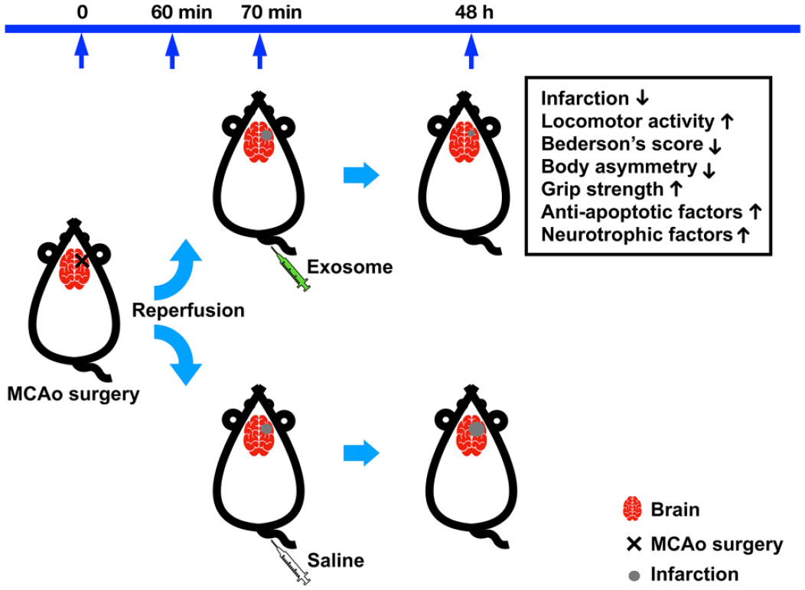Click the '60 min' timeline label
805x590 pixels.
pyautogui.click(x=174, y=12)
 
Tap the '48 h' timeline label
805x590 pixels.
pyautogui.click(x=470, y=12)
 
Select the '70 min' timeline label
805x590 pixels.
pyautogui.click(x=260, y=12)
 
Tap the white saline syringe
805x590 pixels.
pyautogui.click(x=292, y=565)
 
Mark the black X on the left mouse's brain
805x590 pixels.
pyautogui.click(x=82, y=261)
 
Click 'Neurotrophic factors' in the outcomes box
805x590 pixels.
pyautogui.click(x=637, y=234)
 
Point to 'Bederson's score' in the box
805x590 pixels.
pyautogui.click(x=622, y=144)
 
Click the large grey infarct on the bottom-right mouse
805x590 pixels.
pyautogui.click(x=476, y=430)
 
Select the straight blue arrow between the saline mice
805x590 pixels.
pyautogui.click(x=361, y=453)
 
